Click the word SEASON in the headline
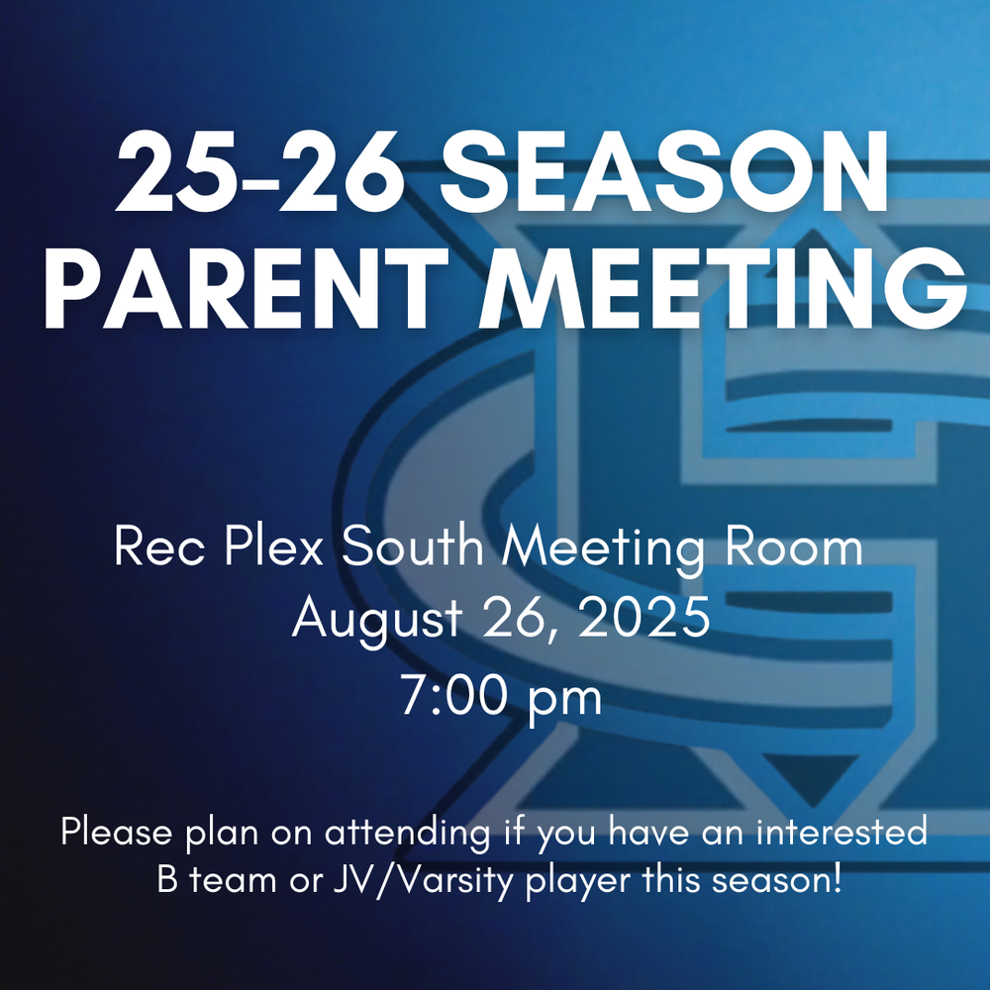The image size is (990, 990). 665,171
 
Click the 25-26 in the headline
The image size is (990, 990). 260,171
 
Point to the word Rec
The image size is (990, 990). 159,546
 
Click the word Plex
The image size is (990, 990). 273,546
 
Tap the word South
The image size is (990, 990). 412,546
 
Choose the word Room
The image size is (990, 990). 794,546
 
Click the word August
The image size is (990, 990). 377,620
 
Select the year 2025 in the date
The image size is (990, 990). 644,617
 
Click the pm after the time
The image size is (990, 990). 565,700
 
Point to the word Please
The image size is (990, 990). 117,832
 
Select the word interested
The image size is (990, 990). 841,832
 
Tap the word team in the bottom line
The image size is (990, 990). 233,881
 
